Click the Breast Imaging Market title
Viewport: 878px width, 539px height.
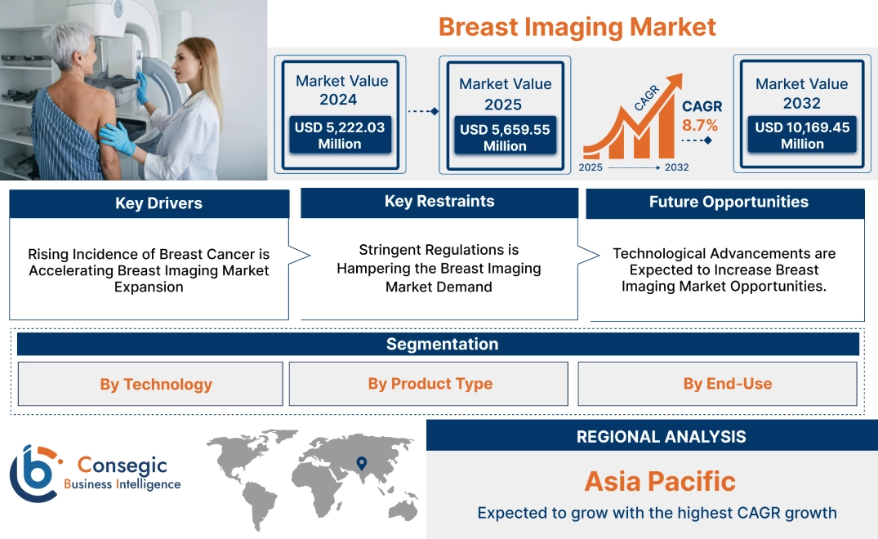[577, 26]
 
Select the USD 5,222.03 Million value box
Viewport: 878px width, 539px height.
[339, 135]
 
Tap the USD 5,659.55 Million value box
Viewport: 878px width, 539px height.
[505, 137]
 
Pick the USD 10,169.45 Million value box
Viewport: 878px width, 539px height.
[802, 135]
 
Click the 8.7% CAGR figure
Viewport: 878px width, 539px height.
[700, 125]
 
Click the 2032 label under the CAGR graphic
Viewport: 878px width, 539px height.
[676, 167]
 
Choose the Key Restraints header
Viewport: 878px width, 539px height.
[439, 202]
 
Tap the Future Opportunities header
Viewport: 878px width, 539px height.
[729, 203]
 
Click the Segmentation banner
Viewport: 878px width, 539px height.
[442, 344]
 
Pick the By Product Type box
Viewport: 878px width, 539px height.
[430, 384]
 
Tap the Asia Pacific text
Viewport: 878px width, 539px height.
[660, 481]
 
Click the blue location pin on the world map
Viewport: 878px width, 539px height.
[361, 464]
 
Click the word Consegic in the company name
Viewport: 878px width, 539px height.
[122, 465]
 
